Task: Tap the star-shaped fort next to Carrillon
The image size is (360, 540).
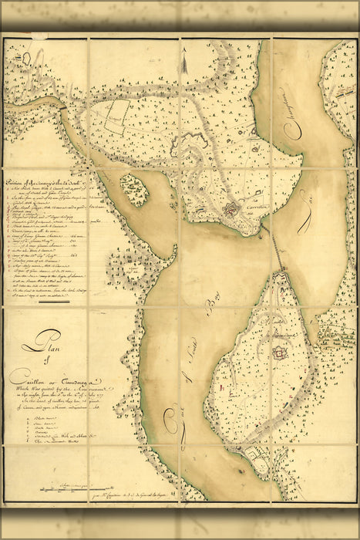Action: pos(231,211)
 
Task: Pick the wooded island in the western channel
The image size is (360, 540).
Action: pos(134,189)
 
